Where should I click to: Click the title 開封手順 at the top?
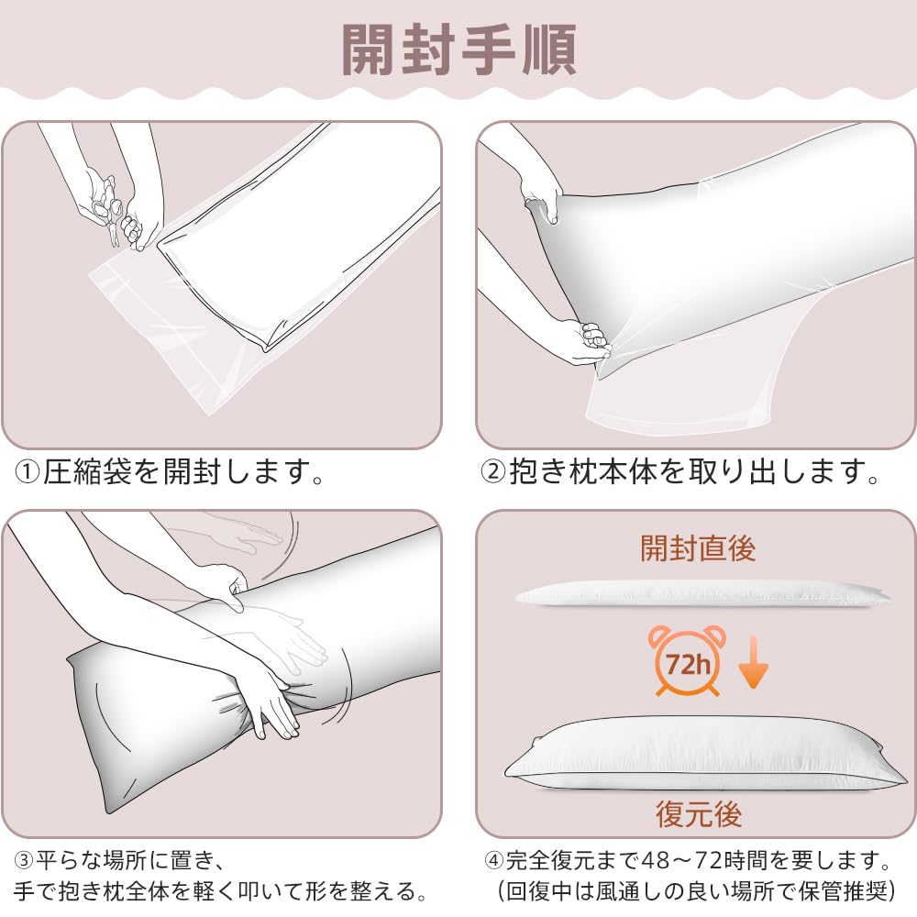click(458, 50)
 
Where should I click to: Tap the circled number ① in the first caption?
click(27, 472)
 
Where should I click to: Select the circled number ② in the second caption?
click(493, 472)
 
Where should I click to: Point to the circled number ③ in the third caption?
click(23, 861)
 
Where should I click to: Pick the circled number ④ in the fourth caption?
click(493, 861)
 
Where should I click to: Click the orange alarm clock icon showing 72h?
click(687, 661)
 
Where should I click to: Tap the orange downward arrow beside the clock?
click(753, 662)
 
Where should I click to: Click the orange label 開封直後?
click(698, 548)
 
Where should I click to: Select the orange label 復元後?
click(698, 813)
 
